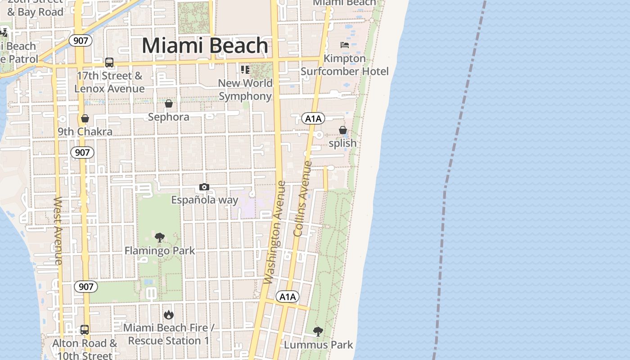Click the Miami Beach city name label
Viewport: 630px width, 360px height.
click(205, 46)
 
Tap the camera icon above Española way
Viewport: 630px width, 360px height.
click(204, 187)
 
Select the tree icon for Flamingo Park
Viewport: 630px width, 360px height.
click(159, 238)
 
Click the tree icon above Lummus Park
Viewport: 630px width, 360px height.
click(318, 332)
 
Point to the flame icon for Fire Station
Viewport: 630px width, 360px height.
click(169, 315)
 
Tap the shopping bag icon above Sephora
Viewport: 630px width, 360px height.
click(169, 104)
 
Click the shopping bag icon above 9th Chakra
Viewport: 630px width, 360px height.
click(85, 119)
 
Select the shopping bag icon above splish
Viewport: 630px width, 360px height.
click(342, 130)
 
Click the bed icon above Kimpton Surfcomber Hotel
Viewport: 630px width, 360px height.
click(344, 45)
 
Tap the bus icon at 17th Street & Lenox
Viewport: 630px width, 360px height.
click(109, 63)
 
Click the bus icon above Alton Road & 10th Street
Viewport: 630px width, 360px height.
click(84, 329)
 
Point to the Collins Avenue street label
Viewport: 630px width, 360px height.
click(302, 198)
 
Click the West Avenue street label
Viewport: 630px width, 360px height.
click(58, 230)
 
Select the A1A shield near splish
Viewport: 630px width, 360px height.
click(313, 119)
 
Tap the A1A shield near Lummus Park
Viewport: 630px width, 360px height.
click(287, 297)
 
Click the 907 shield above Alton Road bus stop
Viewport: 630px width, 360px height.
click(85, 287)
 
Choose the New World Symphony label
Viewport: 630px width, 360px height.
click(245, 90)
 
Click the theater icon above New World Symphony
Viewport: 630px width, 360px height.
click(245, 69)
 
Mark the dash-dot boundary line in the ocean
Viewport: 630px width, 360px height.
click(454, 135)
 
